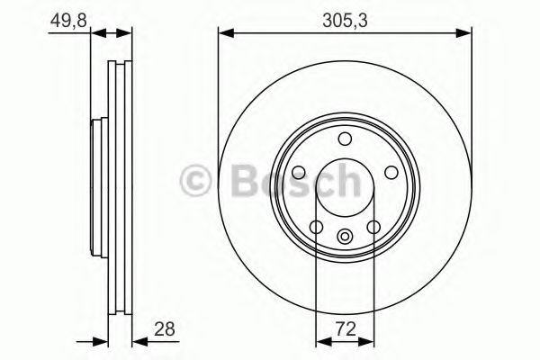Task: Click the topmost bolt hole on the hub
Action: (x=345, y=138)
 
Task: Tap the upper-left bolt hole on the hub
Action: (x=300, y=173)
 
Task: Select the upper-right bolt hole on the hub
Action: (x=391, y=173)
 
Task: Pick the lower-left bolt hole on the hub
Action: (x=317, y=227)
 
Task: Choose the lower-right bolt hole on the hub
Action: (x=373, y=227)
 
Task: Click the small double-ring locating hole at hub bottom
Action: (x=345, y=236)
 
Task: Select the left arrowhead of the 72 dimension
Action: (x=320, y=341)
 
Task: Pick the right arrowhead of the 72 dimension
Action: (x=369, y=341)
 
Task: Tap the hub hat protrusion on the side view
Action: (x=95, y=184)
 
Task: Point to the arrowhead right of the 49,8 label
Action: (x=127, y=34)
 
